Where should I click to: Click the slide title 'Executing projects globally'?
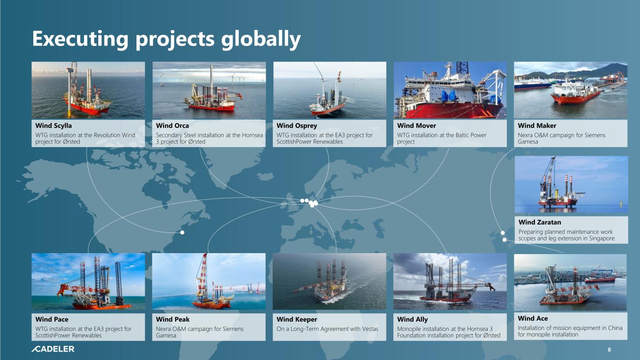tap(166, 39)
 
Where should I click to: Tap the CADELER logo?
tap(53, 349)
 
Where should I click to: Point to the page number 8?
tap(609, 349)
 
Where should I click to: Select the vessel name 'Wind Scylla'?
tap(53, 126)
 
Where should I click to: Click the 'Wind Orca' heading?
tap(172, 126)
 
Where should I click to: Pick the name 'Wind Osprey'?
tap(297, 126)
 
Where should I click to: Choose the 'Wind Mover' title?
tap(416, 126)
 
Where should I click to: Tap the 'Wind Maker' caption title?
tap(537, 126)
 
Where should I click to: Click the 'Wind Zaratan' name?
tap(540, 222)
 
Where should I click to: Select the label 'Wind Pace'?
tap(52, 319)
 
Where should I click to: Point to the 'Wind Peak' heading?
tap(173, 319)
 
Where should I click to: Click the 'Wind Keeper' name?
tap(297, 319)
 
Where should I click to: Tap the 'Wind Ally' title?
tap(412, 319)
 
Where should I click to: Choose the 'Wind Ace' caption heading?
tap(533, 318)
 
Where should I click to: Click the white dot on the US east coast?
tap(182, 232)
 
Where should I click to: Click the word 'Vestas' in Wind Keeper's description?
tap(370, 329)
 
